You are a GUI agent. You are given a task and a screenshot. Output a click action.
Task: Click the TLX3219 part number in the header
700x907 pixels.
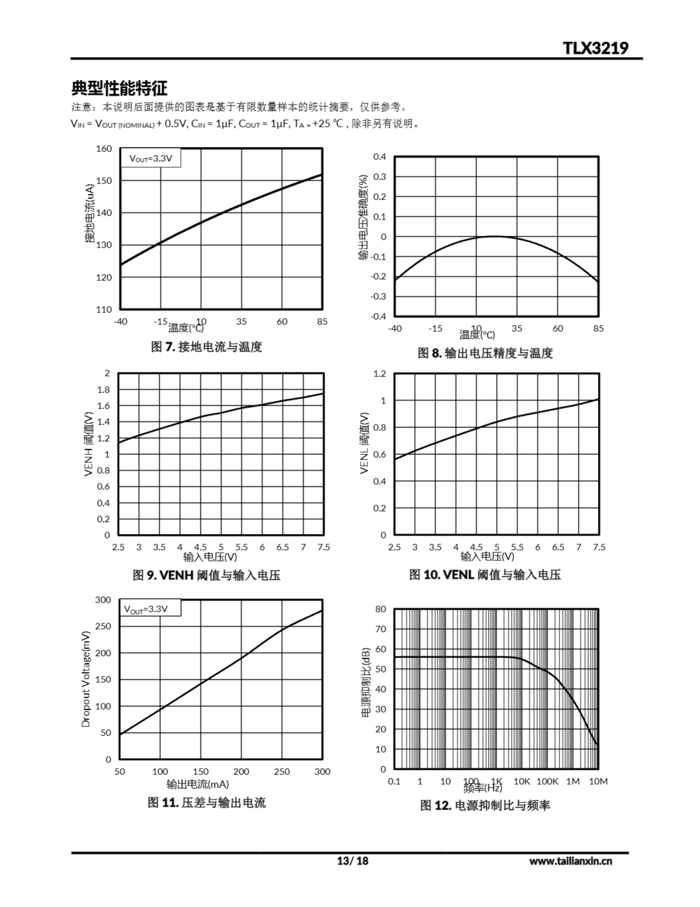(596, 48)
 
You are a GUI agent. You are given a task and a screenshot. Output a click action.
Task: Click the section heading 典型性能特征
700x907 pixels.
(120, 88)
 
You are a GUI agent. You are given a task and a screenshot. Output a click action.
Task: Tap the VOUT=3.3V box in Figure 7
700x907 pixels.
(151, 158)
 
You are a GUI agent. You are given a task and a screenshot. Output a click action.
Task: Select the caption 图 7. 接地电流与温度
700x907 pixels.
(207, 347)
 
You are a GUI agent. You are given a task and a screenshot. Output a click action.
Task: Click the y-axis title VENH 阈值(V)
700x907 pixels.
(88, 444)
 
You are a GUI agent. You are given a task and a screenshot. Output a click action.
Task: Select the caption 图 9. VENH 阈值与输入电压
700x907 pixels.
(207, 575)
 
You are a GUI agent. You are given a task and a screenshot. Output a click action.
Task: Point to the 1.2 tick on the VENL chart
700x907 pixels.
(380, 374)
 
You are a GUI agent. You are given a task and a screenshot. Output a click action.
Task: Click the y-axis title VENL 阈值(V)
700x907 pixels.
(364, 443)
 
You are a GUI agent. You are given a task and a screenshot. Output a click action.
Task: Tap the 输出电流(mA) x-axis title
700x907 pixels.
(198, 784)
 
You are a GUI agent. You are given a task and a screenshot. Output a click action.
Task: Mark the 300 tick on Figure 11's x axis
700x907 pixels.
(322, 772)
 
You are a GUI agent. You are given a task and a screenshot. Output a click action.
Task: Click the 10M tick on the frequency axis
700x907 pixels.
(598, 782)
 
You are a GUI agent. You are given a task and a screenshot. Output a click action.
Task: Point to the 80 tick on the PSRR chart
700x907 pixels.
(380, 609)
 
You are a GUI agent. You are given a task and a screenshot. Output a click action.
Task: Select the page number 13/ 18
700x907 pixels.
(353, 861)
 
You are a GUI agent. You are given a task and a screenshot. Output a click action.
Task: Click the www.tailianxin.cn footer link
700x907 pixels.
(570, 861)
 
